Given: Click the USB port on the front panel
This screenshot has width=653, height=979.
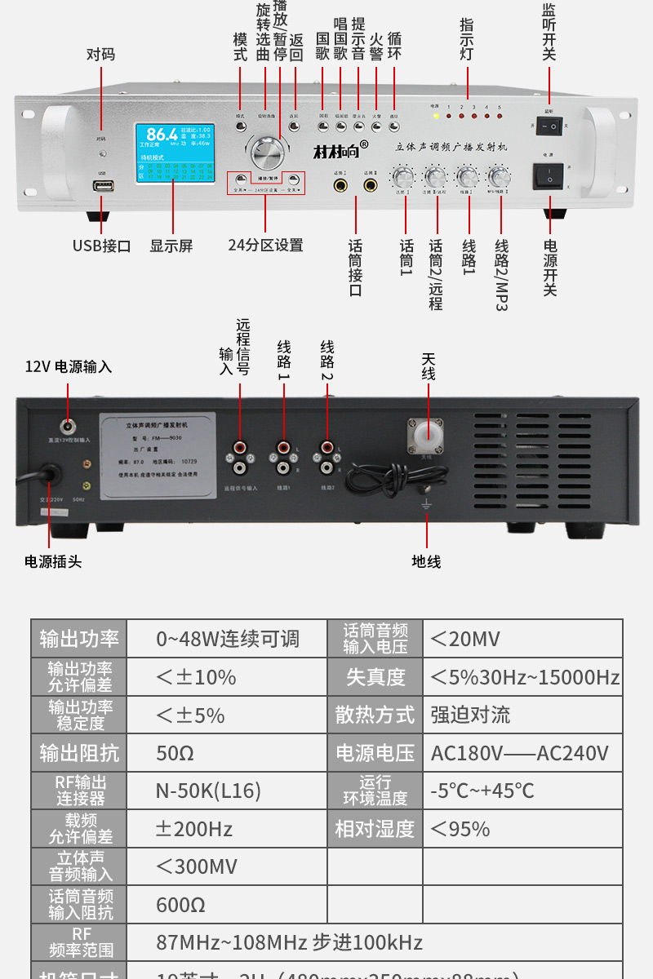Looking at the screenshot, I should [102, 186].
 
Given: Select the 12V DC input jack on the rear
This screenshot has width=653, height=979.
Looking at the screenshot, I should [66, 426].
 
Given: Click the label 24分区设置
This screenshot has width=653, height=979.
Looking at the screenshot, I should [265, 246].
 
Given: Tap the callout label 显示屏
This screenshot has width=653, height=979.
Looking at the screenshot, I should [171, 246].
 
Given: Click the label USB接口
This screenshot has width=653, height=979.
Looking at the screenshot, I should [101, 246].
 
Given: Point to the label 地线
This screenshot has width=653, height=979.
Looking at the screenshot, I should [426, 561].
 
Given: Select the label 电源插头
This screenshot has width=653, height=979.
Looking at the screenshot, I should [53, 561].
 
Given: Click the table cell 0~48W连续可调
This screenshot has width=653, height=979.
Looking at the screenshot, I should [228, 639].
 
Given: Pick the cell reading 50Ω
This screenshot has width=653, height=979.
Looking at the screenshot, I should [175, 753].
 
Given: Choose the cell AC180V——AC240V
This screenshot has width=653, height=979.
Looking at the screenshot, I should [520, 753].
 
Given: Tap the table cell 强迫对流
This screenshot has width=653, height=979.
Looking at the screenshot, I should [470, 715].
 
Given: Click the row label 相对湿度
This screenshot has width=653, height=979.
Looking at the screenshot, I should [375, 829].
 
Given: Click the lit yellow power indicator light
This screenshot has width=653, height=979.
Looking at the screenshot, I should [436, 116].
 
